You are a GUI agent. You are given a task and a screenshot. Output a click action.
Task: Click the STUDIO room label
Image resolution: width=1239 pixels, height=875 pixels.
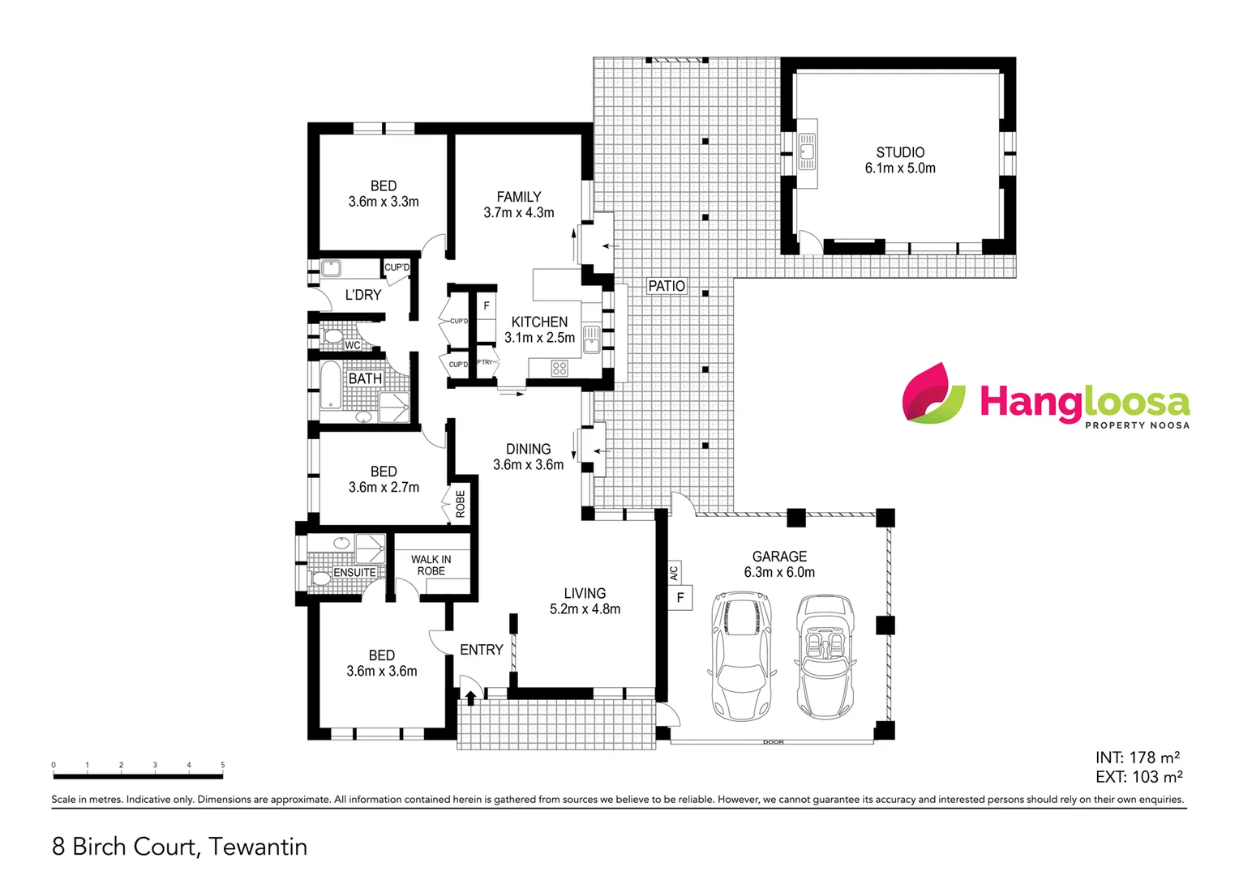pyautogui.click(x=900, y=152)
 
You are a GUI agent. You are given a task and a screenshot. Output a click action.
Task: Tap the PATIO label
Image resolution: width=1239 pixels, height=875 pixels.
pyautogui.click(x=667, y=286)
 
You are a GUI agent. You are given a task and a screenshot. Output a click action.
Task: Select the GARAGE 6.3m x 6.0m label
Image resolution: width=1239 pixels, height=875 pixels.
pyautogui.click(x=779, y=564)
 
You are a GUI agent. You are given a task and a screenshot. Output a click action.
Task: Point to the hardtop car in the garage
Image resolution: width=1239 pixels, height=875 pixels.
pyautogui.click(x=741, y=656)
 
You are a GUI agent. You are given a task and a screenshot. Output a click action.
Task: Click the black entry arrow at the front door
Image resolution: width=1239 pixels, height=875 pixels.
pyautogui.click(x=470, y=697)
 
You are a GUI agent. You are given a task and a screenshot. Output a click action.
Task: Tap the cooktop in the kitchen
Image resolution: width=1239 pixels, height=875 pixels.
pyautogui.click(x=559, y=369)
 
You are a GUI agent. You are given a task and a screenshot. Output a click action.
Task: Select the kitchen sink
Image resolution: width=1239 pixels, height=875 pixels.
pyautogui.click(x=591, y=339)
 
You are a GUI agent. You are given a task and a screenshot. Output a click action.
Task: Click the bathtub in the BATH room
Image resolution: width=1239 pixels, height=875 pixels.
pyautogui.click(x=330, y=386)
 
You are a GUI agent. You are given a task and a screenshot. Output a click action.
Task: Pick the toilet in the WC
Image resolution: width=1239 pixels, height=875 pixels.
pyautogui.click(x=332, y=336)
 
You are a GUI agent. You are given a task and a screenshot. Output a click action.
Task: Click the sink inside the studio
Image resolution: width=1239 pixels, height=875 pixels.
pyautogui.click(x=807, y=151)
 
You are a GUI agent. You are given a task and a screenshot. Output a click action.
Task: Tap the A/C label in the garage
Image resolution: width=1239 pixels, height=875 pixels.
pyautogui.click(x=674, y=572)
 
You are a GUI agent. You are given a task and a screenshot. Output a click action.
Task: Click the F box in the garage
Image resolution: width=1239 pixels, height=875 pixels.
pyautogui.click(x=680, y=598)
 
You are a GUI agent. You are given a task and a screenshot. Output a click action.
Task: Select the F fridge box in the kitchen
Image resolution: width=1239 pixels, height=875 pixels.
pyautogui.click(x=487, y=305)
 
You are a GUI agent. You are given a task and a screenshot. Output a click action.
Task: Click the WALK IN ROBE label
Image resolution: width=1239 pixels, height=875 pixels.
pyautogui.click(x=431, y=565)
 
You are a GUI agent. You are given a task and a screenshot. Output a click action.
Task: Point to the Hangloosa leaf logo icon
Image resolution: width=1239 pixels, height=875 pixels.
pyautogui.click(x=933, y=394)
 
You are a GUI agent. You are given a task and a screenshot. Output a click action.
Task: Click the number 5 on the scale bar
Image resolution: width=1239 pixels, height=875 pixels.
pyautogui.click(x=223, y=765)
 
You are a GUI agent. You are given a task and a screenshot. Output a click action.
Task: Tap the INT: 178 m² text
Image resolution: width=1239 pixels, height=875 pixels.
pyautogui.click(x=1137, y=758)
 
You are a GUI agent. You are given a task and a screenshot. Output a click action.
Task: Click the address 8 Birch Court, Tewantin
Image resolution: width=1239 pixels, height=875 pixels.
pyautogui.click(x=180, y=847)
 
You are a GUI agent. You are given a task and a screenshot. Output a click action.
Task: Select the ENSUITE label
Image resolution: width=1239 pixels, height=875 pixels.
pyautogui.click(x=354, y=572)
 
